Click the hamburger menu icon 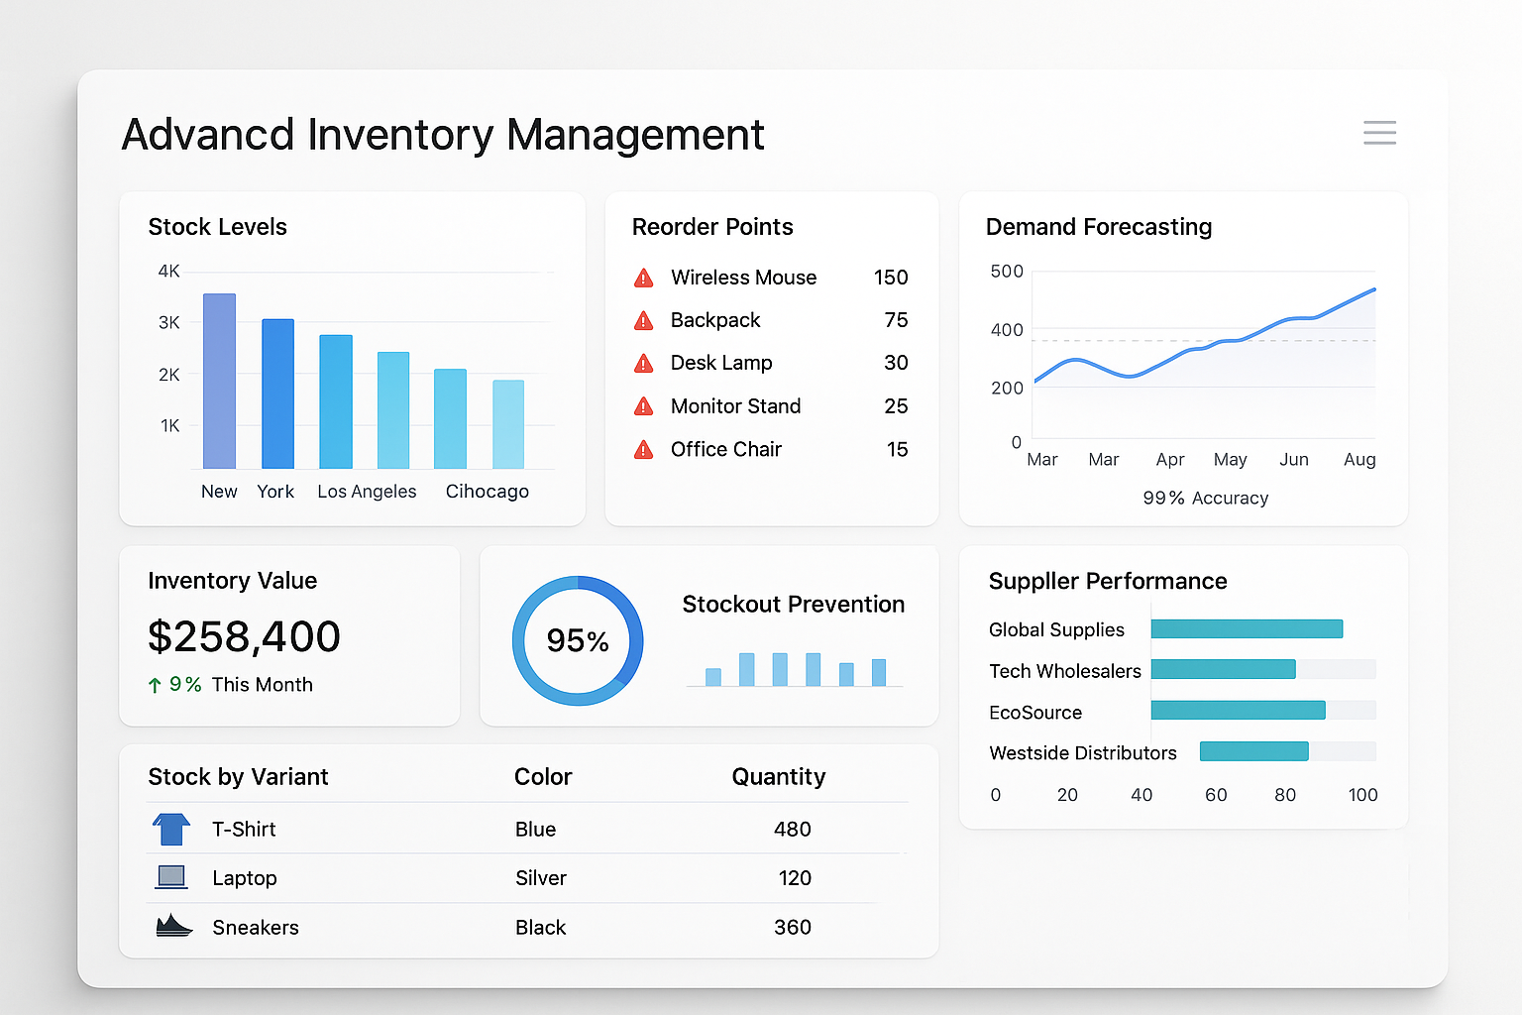(1379, 133)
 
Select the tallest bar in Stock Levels (219, 381)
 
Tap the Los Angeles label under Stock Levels (367, 492)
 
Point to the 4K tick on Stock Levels (168, 271)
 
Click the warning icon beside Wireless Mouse (643, 279)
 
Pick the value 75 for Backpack (896, 320)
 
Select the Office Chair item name (725, 450)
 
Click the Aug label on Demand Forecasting (1359, 460)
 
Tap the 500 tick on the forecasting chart (1007, 272)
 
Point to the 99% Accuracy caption (1205, 499)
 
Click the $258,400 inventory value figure (244, 636)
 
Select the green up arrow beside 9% (155, 685)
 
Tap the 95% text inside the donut (578, 641)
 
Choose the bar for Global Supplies (1247, 629)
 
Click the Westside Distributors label (1082, 753)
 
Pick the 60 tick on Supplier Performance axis (1216, 795)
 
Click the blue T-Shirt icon (171, 829)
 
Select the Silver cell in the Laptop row (541, 878)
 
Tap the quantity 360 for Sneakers (792, 928)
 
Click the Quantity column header (778, 777)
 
